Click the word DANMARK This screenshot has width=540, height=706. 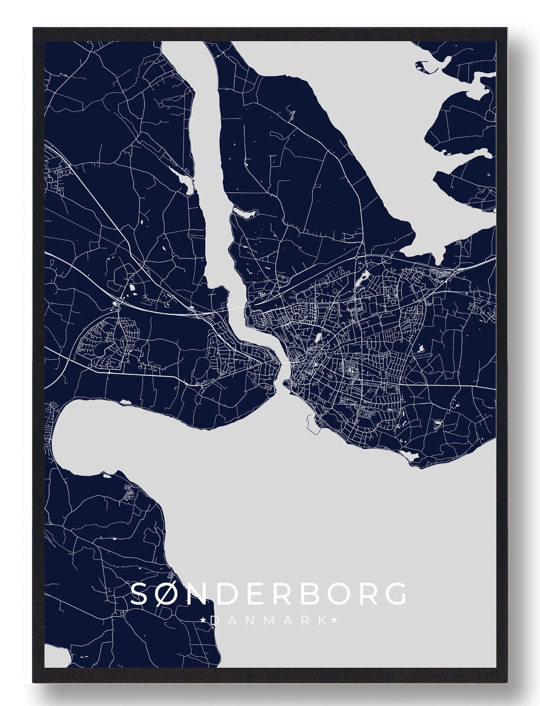269,621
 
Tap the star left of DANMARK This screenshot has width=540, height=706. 203,621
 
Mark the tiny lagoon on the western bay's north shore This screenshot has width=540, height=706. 125,402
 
